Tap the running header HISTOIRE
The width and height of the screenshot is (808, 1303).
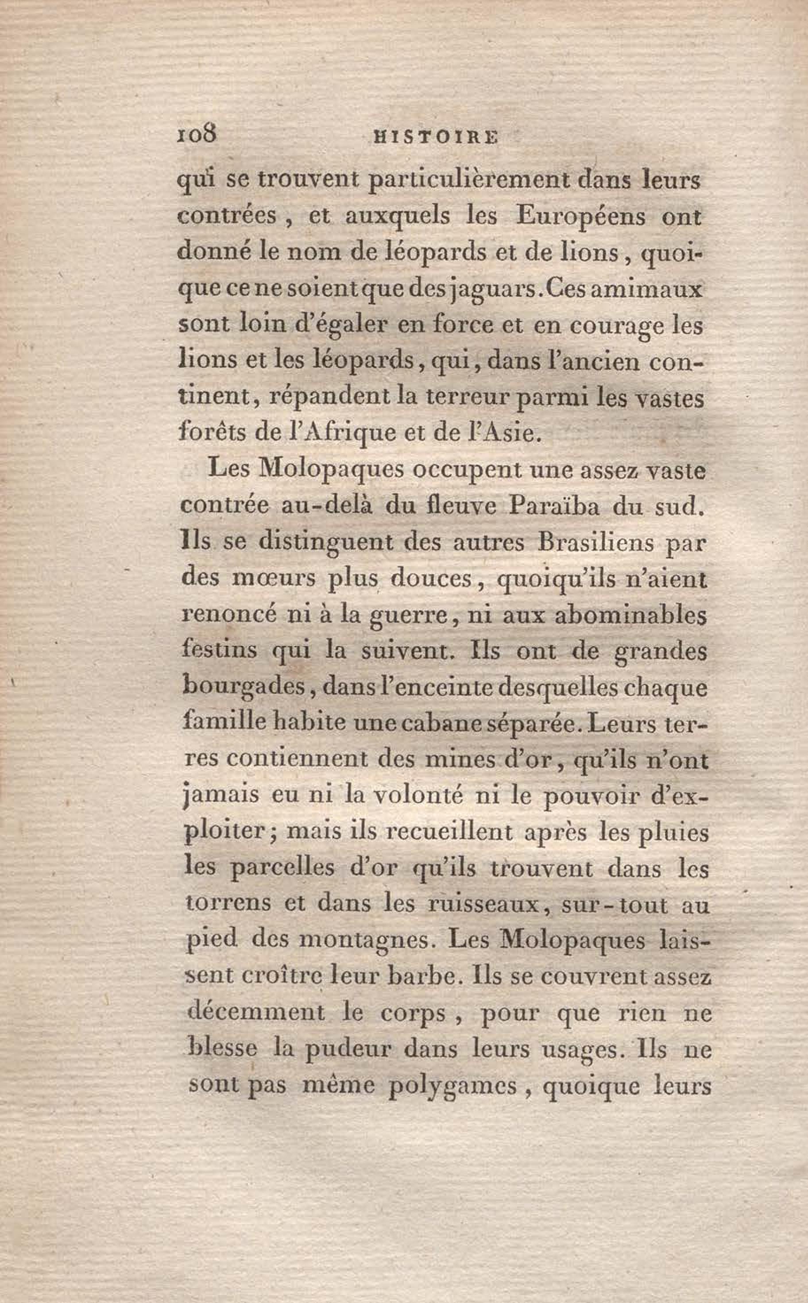(x=434, y=137)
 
